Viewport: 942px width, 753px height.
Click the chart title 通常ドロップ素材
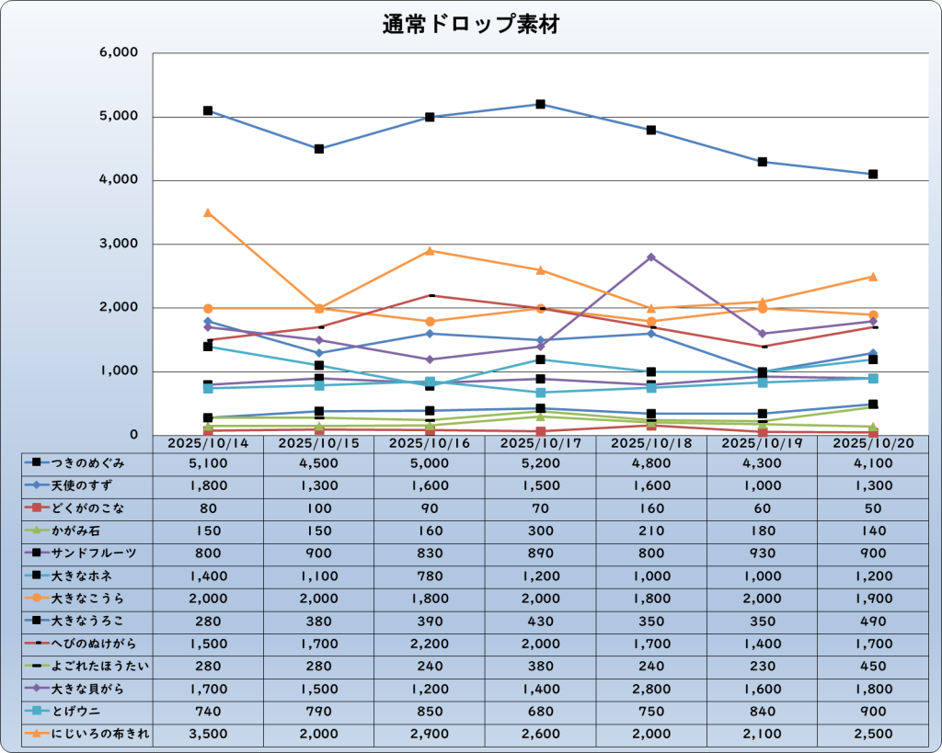(471, 25)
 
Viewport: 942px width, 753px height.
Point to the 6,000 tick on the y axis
(118, 53)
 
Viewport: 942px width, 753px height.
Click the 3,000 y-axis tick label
(118, 245)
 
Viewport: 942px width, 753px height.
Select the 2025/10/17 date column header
(540, 443)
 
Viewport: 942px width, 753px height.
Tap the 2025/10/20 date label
(872, 443)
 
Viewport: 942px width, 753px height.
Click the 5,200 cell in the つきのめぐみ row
(540, 463)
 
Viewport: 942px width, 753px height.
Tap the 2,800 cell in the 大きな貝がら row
(651, 689)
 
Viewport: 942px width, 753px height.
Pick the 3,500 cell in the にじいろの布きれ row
(208, 734)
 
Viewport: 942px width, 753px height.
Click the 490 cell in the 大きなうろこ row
(872, 621)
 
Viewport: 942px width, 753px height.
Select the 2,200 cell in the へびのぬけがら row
(430, 644)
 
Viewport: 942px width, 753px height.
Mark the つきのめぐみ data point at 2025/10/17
(541, 105)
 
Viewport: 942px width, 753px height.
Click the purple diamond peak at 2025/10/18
(651, 257)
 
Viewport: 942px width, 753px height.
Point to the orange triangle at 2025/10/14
(208, 212)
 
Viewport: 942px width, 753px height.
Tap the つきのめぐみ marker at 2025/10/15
(319, 149)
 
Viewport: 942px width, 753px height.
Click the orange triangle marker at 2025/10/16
(430, 251)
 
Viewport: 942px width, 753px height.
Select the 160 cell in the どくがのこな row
(651, 508)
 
